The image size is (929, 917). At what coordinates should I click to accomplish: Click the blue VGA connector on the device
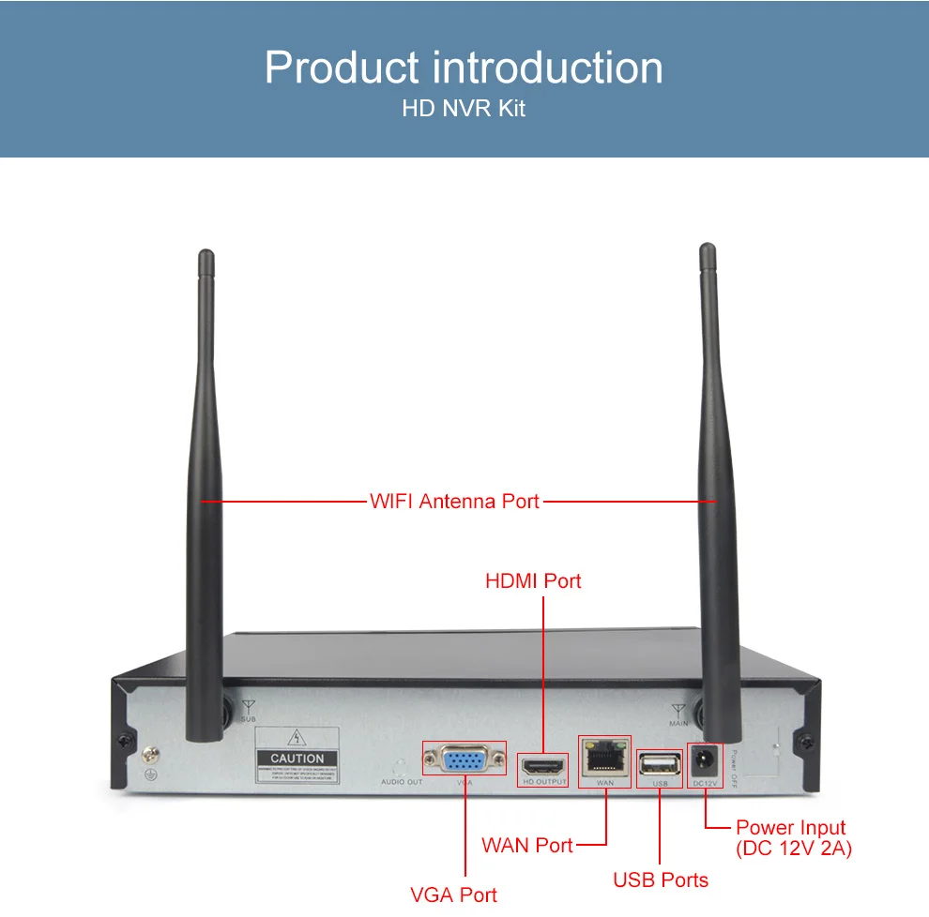pos(464,759)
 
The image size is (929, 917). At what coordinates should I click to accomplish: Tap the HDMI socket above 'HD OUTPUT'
pos(544,764)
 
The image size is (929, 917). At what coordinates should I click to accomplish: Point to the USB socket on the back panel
pos(660,762)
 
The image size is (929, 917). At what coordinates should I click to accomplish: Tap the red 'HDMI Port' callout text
pos(533,581)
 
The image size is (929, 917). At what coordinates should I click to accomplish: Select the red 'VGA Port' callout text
pos(453,894)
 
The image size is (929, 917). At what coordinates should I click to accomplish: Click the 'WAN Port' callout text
pos(526,846)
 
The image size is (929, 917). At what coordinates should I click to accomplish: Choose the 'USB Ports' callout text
pos(661,879)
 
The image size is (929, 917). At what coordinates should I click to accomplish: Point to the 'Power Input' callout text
pos(790,828)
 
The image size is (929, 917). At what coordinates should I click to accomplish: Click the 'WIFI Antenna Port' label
pos(454,501)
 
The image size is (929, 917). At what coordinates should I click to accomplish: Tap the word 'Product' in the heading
pos(341,68)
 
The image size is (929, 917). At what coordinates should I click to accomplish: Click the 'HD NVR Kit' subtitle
pos(464,109)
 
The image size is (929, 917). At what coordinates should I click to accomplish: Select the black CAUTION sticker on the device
pos(297,759)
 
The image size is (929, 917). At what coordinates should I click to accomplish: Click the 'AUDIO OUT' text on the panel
pos(402,782)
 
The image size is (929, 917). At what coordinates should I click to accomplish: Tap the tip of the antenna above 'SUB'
pos(206,255)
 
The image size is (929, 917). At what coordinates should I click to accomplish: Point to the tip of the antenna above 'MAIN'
pos(708,249)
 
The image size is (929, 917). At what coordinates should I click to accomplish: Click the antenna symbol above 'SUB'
pos(248,706)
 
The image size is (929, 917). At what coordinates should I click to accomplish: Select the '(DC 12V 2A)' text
pos(794,849)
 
